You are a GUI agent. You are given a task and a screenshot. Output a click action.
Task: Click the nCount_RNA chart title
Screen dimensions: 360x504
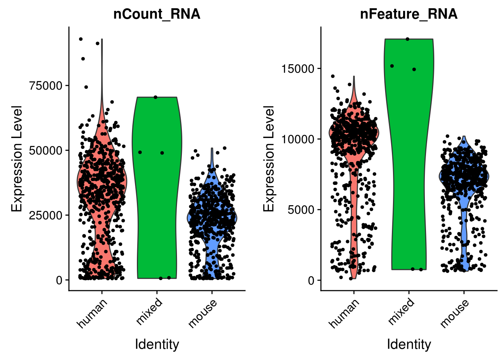click(157, 14)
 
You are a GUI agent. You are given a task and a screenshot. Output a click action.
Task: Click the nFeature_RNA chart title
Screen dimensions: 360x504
click(409, 14)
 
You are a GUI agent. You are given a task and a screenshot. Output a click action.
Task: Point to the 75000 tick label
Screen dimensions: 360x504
click(46, 85)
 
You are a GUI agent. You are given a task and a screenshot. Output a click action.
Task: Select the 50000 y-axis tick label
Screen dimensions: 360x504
click(46, 150)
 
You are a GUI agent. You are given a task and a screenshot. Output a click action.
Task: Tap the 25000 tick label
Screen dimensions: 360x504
click(46, 215)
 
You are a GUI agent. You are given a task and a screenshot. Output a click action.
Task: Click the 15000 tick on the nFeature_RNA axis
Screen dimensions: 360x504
click(298, 69)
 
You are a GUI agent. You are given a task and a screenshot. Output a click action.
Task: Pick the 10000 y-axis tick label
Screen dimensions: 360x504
click(298, 139)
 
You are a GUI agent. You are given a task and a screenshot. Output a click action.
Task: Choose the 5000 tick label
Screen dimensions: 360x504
click(301, 210)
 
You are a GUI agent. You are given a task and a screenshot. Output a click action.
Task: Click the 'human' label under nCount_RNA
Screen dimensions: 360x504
click(92, 313)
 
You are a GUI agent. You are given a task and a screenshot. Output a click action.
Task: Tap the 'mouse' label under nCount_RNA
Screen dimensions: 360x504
click(202, 313)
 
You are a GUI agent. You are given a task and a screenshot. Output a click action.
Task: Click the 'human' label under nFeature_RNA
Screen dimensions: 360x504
click(344, 313)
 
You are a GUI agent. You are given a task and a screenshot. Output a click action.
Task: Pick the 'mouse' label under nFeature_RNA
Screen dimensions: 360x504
click(454, 313)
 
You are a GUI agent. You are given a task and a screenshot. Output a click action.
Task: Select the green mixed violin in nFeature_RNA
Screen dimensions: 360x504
click(409, 169)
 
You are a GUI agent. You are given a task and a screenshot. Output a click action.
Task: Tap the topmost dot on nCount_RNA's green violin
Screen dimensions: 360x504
click(156, 97)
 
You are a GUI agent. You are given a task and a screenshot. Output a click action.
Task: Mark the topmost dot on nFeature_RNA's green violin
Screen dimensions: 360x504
click(408, 39)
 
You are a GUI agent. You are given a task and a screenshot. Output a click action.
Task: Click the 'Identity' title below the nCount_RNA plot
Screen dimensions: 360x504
click(157, 344)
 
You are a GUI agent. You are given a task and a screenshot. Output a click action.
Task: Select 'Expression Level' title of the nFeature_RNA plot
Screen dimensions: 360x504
click(269, 158)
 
